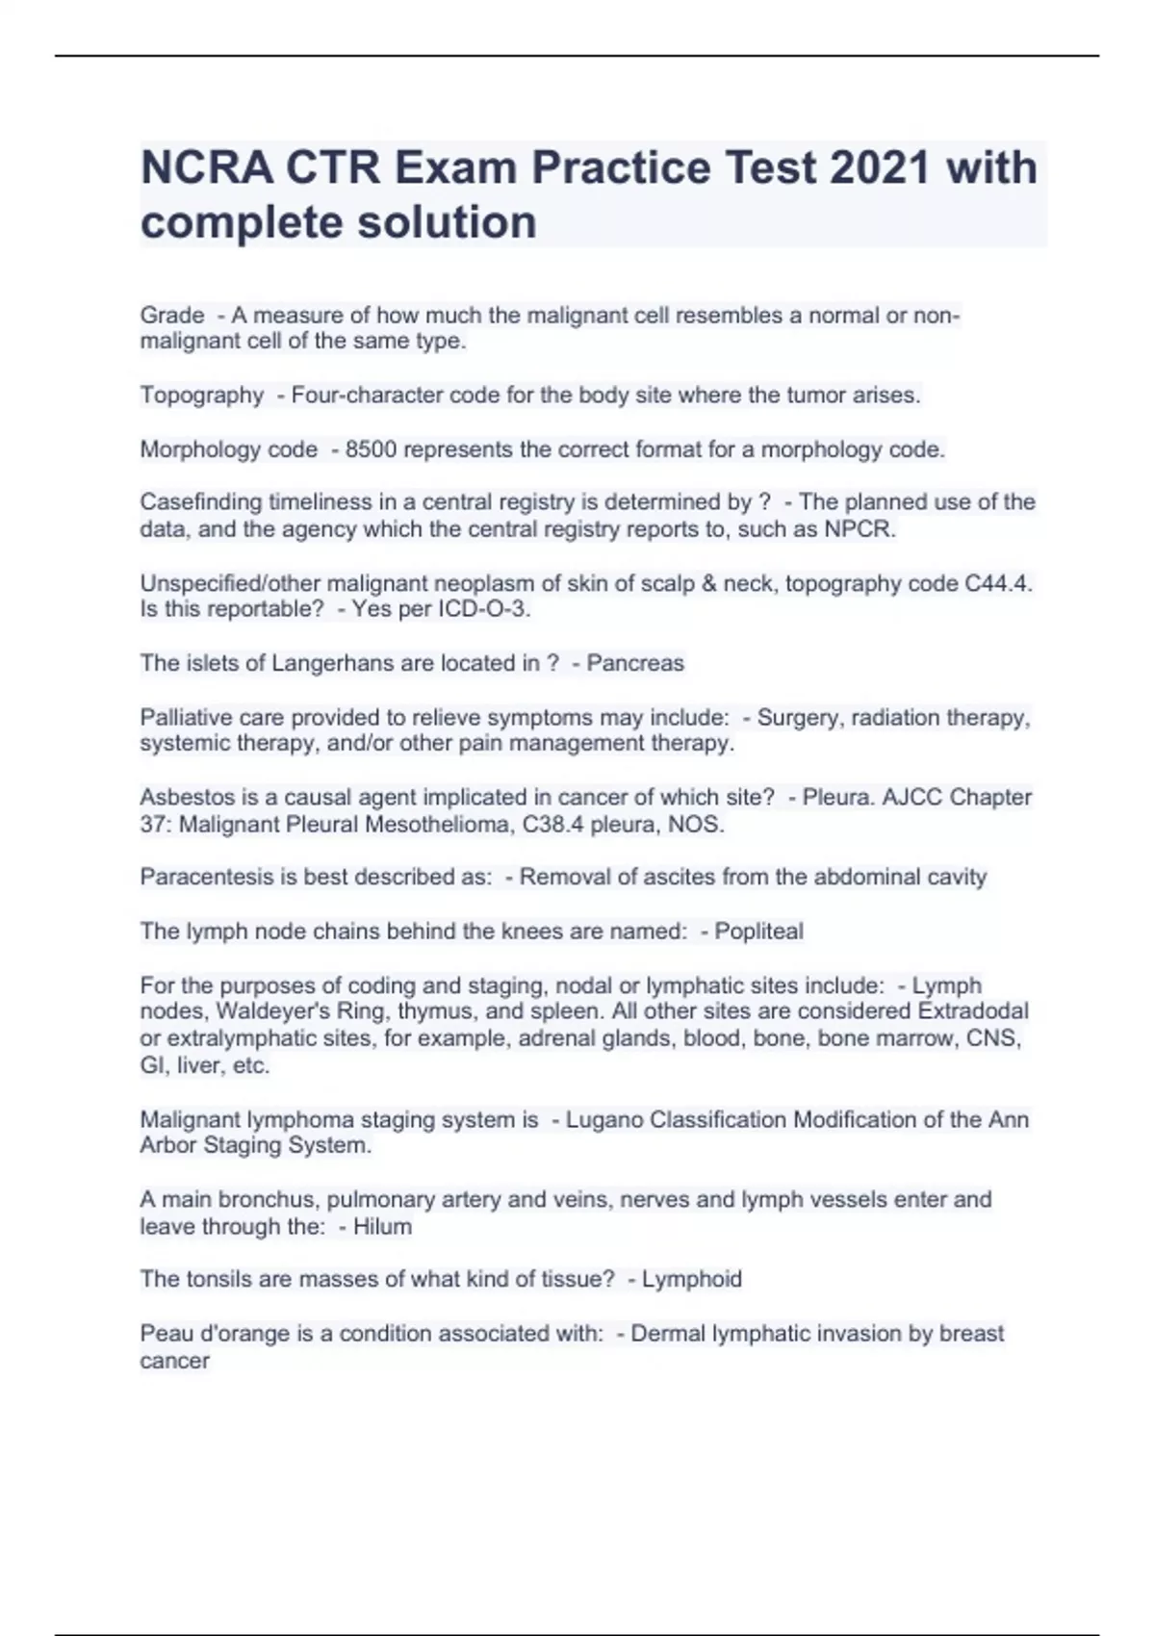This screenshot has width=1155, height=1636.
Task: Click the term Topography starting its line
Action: (x=201, y=396)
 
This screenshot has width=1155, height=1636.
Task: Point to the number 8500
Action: (x=371, y=449)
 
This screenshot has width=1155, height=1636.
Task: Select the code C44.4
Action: (x=997, y=584)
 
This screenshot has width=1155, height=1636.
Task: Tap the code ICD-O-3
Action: (x=488, y=609)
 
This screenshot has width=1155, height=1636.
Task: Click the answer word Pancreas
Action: (x=635, y=663)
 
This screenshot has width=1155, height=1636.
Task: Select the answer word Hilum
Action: (x=382, y=1227)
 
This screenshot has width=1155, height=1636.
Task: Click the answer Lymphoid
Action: (x=691, y=1280)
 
